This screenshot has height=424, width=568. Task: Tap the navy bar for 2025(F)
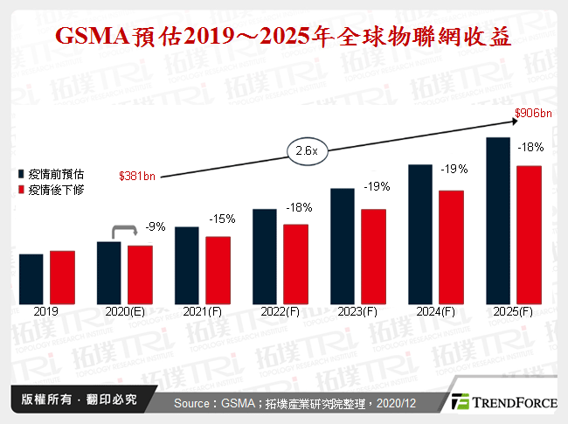point(498,219)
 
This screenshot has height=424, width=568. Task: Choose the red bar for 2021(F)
point(218,269)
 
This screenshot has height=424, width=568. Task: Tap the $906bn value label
point(533,115)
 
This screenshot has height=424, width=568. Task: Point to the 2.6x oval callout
point(307,150)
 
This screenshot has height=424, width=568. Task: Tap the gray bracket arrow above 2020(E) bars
point(124,231)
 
